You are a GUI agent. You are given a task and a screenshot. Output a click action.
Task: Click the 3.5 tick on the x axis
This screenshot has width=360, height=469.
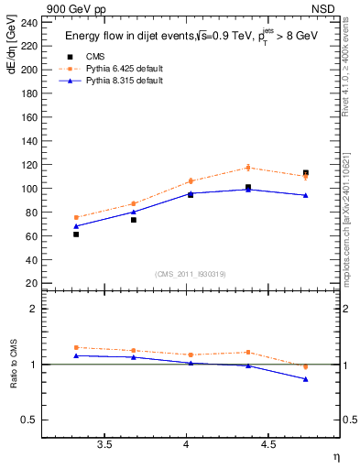tap(104, 445)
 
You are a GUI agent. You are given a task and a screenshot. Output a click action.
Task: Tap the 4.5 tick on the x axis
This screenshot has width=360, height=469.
tap(267, 445)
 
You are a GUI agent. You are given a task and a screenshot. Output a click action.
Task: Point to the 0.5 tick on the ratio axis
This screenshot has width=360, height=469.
tap(29, 420)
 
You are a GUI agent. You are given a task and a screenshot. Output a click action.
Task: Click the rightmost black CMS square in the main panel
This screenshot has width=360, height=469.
tap(306, 173)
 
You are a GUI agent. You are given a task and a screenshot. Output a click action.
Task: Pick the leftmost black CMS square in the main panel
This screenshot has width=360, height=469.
tap(76, 234)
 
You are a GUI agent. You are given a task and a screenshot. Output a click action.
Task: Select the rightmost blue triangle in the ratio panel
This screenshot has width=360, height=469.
tap(306, 379)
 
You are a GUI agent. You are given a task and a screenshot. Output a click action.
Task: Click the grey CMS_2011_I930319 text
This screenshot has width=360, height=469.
tap(190, 273)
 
